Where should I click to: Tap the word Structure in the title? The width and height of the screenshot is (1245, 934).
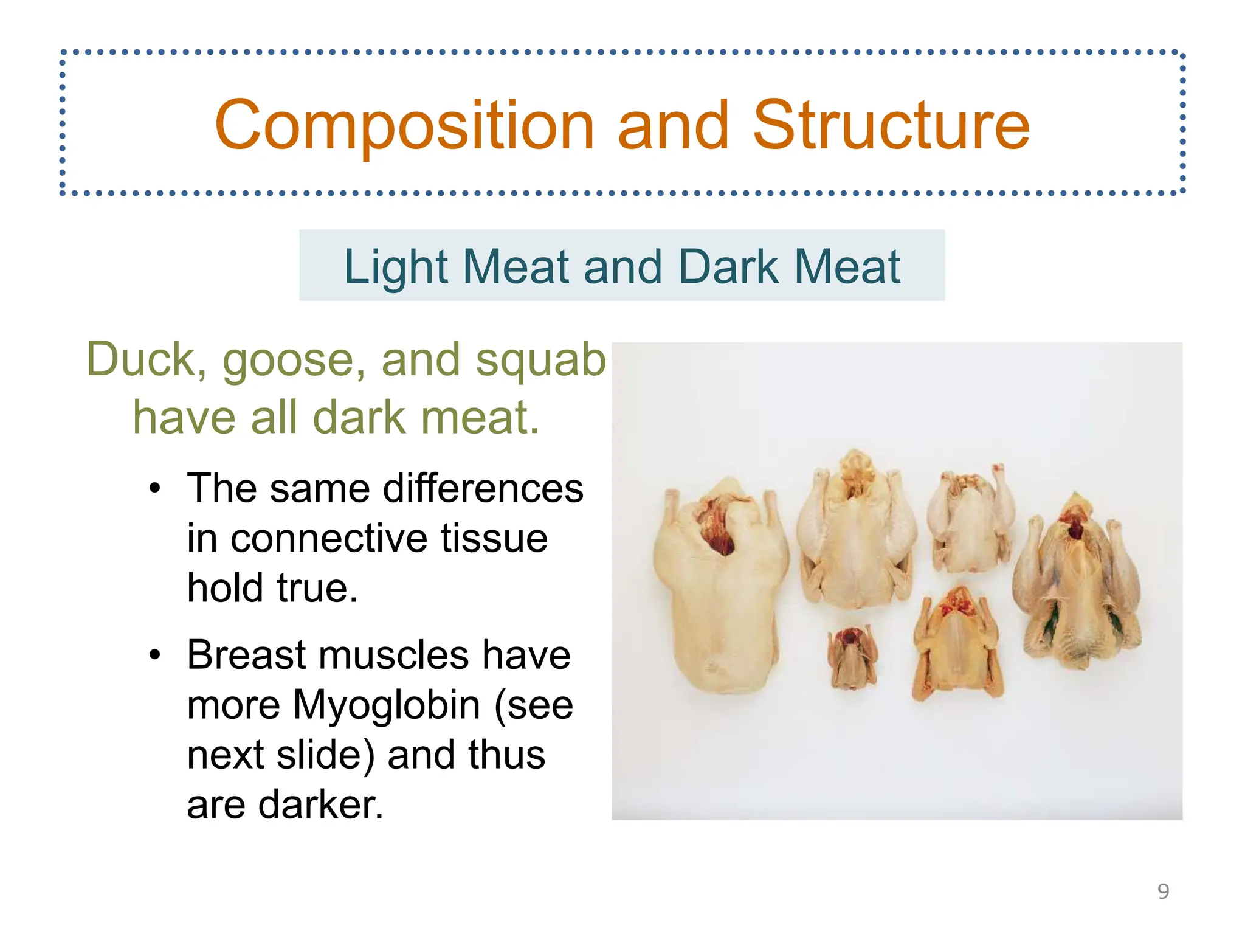[891, 125]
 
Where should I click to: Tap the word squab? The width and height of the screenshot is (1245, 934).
[540, 359]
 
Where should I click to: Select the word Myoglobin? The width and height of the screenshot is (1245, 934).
[387, 705]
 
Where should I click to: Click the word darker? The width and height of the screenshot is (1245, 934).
[320, 804]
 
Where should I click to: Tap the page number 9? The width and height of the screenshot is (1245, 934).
[1163, 891]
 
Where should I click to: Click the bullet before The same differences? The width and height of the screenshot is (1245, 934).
[156, 488]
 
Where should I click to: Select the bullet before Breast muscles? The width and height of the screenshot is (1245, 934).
[156, 655]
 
